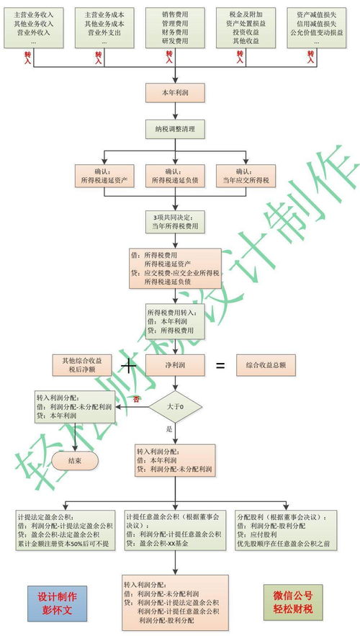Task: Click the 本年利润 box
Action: [176, 91]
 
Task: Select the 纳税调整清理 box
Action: [176, 130]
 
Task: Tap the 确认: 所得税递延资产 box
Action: [105, 176]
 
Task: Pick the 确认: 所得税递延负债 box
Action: [176, 176]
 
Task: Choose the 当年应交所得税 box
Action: [246, 176]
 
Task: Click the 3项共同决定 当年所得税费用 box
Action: [176, 221]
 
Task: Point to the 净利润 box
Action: [176, 365]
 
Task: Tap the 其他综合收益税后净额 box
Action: [81, 365]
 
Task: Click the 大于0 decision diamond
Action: [176, 408]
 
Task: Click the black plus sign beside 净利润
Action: [129, 366]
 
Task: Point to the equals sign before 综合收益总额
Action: [220, 366]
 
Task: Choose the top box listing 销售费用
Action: [176, 28]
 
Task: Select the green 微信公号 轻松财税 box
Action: [293, 602]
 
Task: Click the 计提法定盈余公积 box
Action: [65, 530]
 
